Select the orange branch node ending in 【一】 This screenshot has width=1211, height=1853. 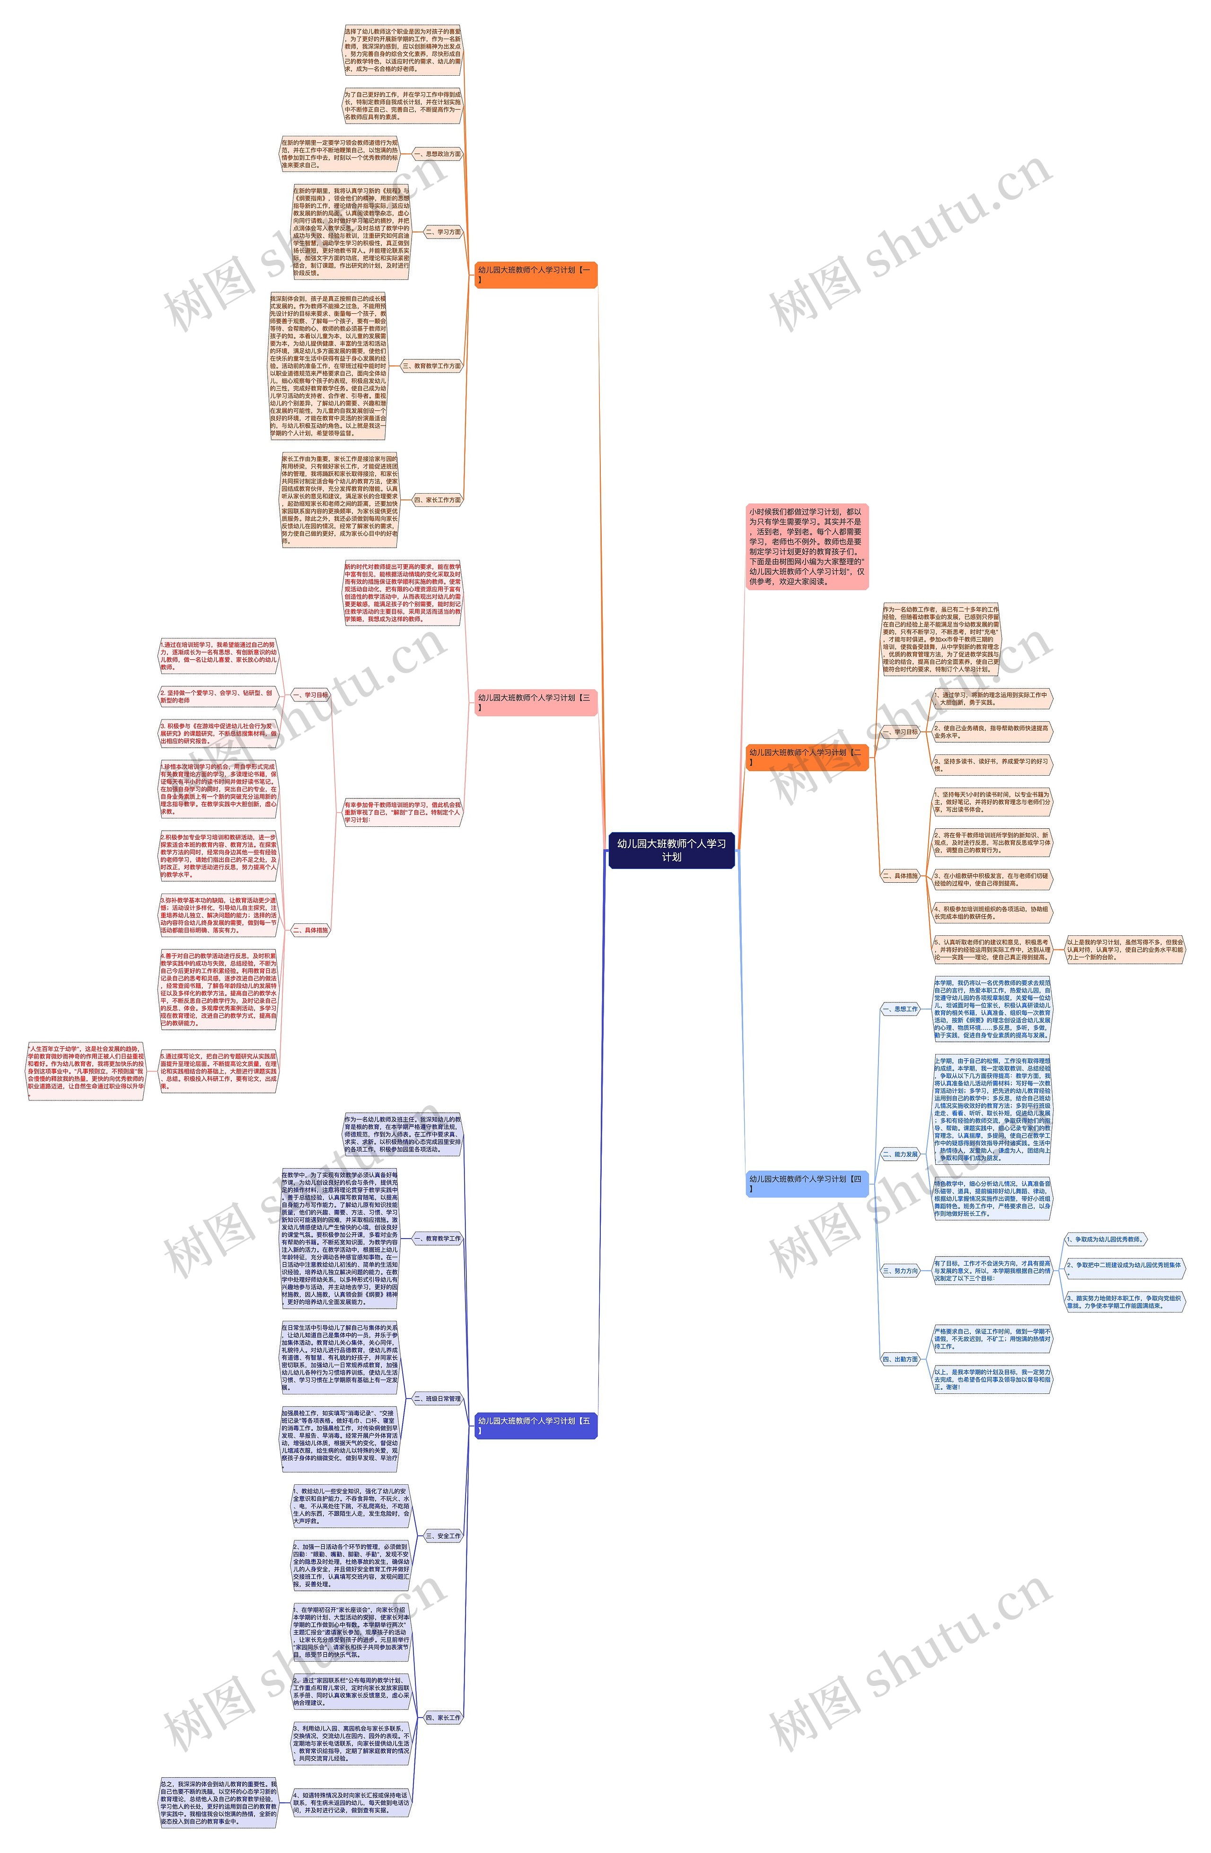535,274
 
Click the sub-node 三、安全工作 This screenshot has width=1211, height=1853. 443,1536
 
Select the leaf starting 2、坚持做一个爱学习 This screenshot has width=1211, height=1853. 218,696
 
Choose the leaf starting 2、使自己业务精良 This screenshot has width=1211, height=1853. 992,731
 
